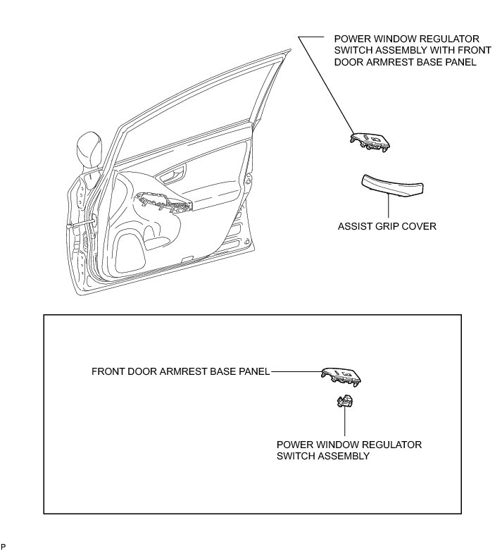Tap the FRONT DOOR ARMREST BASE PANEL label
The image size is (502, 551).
coord(181,371)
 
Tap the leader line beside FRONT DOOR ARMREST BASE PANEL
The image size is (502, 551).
coord(296,371)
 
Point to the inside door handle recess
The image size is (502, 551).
coord(172,175)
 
